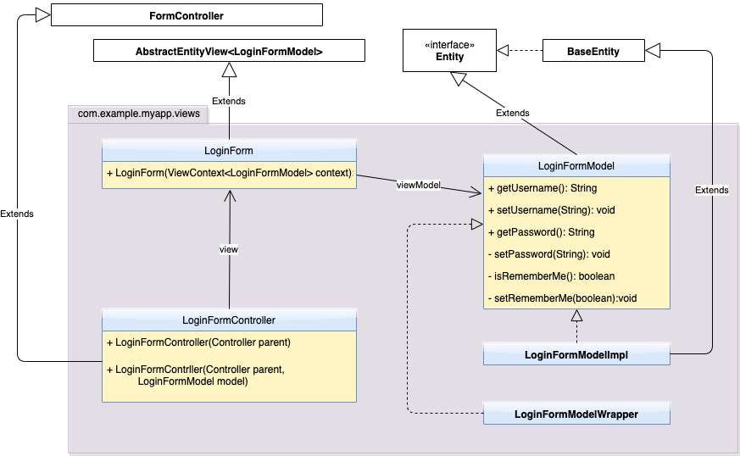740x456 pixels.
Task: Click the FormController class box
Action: tap(186, 15)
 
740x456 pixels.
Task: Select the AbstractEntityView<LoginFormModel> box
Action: tap(229, 52)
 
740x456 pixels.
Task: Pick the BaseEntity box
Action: tap(593, 52)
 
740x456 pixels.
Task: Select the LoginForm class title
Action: tap(229, 151)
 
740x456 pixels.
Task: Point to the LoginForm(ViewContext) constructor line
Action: tap(229, 174)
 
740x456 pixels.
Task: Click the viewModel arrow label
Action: tap(418, 185)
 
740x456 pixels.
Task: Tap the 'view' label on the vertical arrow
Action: tap(229, 249)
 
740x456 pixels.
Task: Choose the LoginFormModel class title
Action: tap(576, 165)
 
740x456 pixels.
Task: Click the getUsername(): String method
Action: tap(543, 188)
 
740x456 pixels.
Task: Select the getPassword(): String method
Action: tap(542, 232)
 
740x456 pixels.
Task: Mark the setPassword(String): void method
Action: tap(548, 253)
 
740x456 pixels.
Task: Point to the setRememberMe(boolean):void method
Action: tap(562, 298)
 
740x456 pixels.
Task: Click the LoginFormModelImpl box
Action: tap(576, 354)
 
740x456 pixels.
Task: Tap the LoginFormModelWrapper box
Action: tap(576, 414)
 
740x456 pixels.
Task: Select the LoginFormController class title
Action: tap(229, 320)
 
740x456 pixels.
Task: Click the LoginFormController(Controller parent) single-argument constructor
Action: tap(199, 342)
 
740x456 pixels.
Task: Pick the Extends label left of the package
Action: tap(17, 214)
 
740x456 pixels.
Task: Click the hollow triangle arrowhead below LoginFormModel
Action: tap(576, 317)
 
